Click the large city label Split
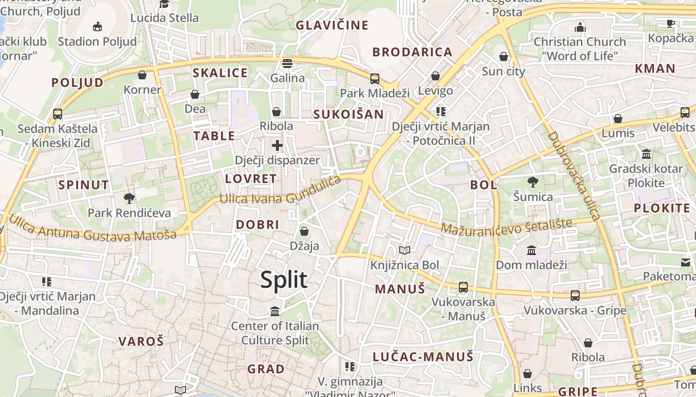click(284, 280)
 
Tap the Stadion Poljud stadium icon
click(97, 26)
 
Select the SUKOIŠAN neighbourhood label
click(348, 115)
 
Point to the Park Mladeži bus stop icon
click(375, 78)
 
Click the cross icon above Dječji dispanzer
click(277, 145)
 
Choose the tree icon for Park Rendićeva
click(129, 198)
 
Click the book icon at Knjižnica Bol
click(405, 251)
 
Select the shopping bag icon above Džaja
click(304, 231)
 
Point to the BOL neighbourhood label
click(483, 185)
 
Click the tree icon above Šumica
click(533, 182)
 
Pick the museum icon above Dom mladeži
click(531, 250)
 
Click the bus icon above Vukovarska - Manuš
click(463, 287)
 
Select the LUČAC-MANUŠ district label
click(423, 356)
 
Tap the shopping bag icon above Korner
click(142, 75)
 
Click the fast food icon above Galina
click(287, 64)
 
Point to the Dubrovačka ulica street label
click(574, 176)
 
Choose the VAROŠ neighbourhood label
click(141, 341)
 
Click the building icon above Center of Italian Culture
click(275, 311)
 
